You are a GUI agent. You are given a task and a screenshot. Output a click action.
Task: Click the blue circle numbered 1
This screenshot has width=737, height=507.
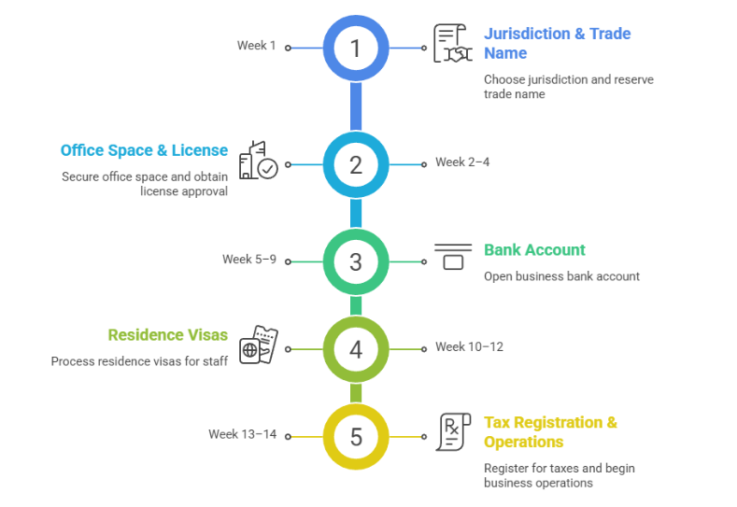point(355,47)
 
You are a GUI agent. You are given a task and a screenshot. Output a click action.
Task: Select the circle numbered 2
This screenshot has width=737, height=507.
point(355,164)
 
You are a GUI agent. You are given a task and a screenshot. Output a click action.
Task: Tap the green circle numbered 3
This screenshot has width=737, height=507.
point(355,261)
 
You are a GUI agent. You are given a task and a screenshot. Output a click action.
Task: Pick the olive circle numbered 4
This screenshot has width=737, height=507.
point(355,349)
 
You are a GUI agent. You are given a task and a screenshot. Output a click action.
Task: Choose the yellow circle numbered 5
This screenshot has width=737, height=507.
point(355,436)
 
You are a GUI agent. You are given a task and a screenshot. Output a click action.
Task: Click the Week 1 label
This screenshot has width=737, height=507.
point(257,46)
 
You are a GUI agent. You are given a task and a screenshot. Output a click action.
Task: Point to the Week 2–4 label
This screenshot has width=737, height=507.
point(462,162)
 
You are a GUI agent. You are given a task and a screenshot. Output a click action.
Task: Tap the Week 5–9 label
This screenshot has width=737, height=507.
point(249,260)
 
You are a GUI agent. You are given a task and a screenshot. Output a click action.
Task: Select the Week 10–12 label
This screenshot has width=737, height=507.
point(469,347)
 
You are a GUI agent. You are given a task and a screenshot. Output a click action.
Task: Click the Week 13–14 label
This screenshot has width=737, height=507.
point(243,434)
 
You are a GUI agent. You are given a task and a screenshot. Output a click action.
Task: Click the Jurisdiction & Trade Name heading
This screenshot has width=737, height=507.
point(557,43)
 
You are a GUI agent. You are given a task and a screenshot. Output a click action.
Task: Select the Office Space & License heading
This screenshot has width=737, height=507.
point(144,150)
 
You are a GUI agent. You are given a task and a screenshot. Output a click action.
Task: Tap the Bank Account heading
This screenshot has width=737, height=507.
point(534,250)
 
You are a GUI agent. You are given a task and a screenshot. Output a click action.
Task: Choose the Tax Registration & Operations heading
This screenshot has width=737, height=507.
point(550,432)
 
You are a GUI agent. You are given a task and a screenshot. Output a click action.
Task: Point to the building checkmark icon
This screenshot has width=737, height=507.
point(258,161)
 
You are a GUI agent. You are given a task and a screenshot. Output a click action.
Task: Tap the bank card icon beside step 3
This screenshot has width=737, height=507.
point(453,257)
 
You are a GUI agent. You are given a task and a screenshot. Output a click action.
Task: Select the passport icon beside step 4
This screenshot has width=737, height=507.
point(259,346)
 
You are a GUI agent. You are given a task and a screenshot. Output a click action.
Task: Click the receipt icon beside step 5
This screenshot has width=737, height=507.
point(449,433)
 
